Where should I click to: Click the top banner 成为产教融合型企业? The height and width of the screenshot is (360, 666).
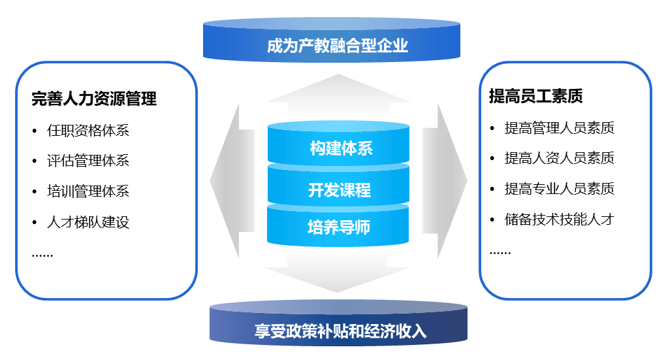tap(337, 46)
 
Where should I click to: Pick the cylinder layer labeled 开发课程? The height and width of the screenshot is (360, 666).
tap(340, 190)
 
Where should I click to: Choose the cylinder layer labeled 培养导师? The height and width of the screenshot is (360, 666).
tap(339, 227)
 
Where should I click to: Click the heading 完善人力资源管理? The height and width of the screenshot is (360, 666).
tap(94, 99)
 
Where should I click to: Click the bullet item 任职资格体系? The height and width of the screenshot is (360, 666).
tap(88, 130)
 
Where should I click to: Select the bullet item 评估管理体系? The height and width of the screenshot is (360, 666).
tap(88, 161)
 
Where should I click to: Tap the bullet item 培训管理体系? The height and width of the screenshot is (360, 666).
tap(88, 191)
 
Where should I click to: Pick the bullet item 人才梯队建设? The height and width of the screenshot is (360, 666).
tap(88, 222)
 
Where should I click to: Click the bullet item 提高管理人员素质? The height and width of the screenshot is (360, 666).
tap(559, 128)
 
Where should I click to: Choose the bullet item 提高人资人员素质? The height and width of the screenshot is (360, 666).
tap(559, 158)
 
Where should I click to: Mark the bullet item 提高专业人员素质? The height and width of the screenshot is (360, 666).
tap(559, 189)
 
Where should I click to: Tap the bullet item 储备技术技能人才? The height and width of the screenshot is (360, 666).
tap(559, 219)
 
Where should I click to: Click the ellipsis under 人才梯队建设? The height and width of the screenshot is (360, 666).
tap(42, 255)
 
